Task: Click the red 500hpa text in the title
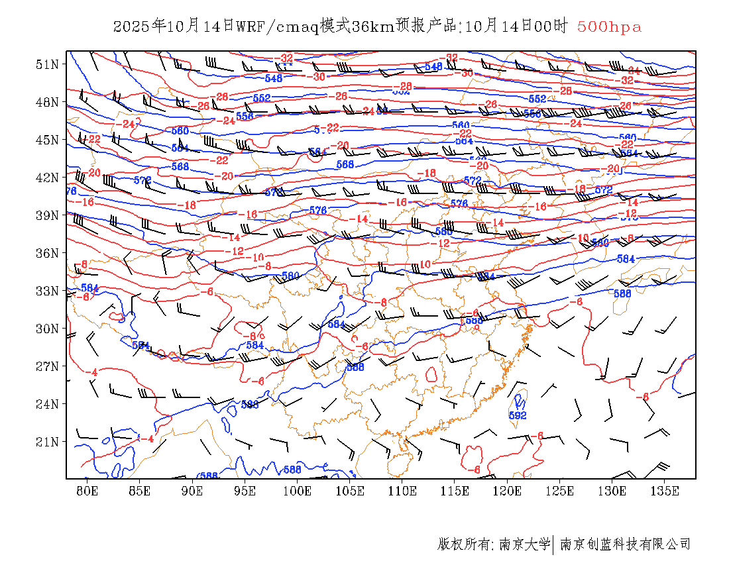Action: coord(609,27)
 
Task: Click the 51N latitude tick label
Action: coord(46,64)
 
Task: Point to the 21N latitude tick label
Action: coord(46,442)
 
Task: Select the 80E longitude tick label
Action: coord(87,491)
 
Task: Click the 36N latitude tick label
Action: coord(46,253)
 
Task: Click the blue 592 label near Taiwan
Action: coord(518,415)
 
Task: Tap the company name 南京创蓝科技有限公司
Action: coord(626,544)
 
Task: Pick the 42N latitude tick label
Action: coord(46,178)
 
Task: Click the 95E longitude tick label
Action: coord(245,491)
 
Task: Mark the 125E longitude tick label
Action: coord(560,491)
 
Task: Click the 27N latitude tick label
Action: coord(46,366)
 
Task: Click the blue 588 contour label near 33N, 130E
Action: coord(622,293)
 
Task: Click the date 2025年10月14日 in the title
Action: coord(174,27)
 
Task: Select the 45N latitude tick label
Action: coord(46,140)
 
